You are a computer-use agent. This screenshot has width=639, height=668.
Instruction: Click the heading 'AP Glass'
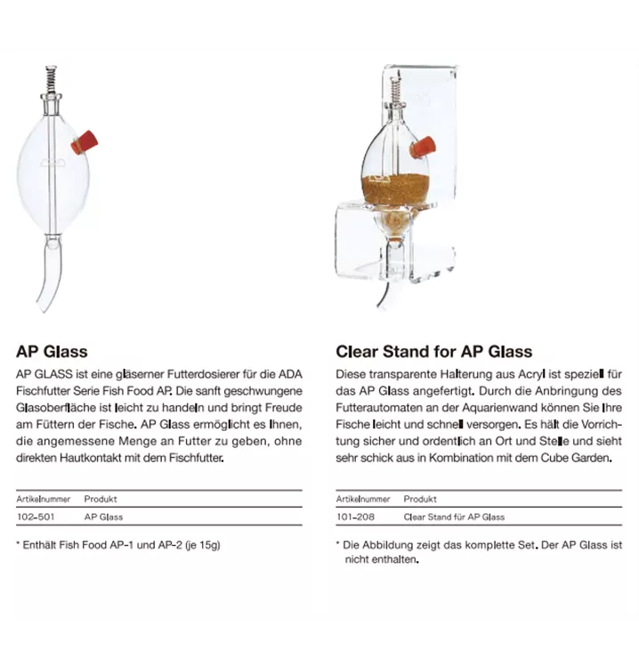pos(52,351)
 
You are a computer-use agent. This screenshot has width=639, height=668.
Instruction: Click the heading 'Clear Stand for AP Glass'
pos(433,351)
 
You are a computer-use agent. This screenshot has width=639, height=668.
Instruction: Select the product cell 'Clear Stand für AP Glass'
pos(454,517)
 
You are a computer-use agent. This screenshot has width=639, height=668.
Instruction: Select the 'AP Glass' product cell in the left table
pos(103,517)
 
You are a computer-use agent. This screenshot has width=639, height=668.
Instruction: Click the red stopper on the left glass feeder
pos(85,142)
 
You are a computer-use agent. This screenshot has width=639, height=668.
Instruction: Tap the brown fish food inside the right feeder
pos(396,189)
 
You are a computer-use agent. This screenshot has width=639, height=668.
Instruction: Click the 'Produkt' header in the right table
pos(420,499)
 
